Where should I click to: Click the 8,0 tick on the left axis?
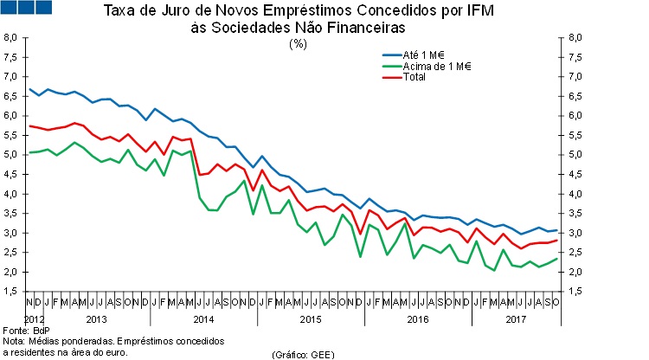click(x=11, y=38)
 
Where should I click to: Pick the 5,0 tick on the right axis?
click(x=574, y=155)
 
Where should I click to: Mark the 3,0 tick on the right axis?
click(x=574, y=234)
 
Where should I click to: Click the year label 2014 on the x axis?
click(x=202, y=320)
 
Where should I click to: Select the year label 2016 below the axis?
click(x=416, y=320)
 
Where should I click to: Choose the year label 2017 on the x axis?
click(x=517, y=320)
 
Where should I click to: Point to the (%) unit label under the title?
click(x=299, y=43)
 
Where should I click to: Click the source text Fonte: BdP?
click(x=28, y=331)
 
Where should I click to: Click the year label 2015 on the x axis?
click(x=309, y=320)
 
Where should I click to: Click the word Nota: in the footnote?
click(x=15, y=342)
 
